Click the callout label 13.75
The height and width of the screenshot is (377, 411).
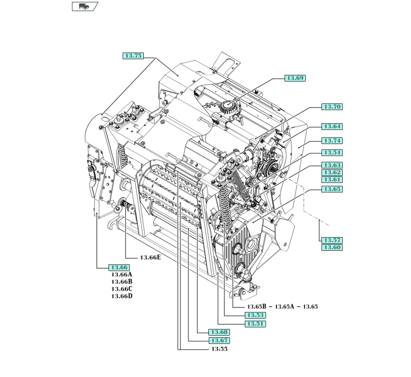[x=133, y=56]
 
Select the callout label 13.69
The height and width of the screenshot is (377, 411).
[x=295, y=78]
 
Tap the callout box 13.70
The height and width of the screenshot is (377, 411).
[x=332, y=107]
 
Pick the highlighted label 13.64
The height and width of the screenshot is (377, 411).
[x=332, y=127]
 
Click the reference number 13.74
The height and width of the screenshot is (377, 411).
[x=332, y=141]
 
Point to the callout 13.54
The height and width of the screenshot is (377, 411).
[x=332, y=153]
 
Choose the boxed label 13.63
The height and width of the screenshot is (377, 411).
[x=332, y=166]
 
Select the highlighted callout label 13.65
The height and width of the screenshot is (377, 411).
[x=332, y=189]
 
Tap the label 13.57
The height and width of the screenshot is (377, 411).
[x=332, y=240]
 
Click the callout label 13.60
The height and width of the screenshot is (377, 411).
[x=332, y=247]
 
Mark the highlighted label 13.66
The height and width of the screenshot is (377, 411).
[x=118, y=267]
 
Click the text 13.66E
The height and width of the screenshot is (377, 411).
[x=150, y=257]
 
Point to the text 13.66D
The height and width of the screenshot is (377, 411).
[x=121, y=296]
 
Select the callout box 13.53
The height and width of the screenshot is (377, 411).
[x=255, y=315]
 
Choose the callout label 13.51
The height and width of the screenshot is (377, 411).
[x=255, y=324]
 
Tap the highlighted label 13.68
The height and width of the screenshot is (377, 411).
[x=219, y=332]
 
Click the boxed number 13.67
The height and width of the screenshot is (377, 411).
[x=219, y=341]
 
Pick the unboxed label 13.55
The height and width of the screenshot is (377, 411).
[x=219, y=349]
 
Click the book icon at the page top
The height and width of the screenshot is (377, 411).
[x=85, y=6]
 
